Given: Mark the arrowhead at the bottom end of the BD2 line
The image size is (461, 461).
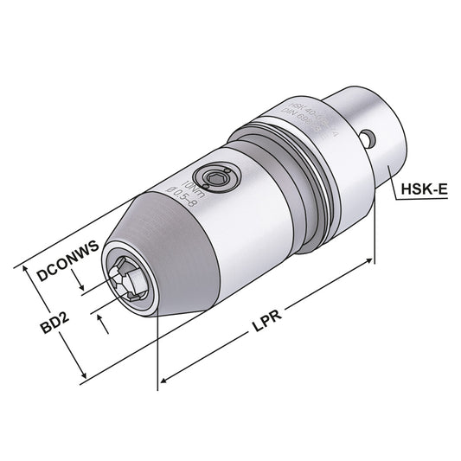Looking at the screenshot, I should pos(84,377).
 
